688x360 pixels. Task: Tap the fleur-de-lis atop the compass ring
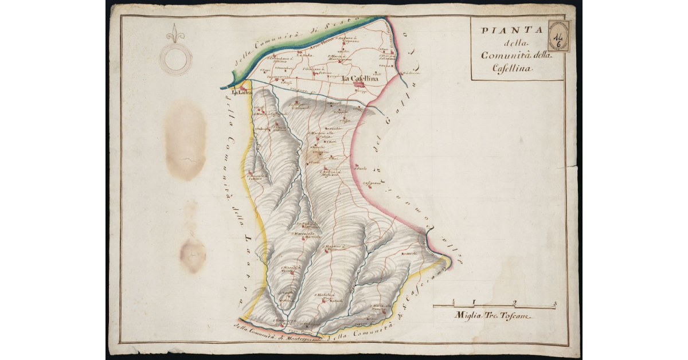coord(176,34)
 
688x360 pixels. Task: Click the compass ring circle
coord(176,59)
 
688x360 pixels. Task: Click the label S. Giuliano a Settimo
coord(319,70)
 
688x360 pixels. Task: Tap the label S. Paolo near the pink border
coord(360,169)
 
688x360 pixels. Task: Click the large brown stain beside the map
coord(185,140)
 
